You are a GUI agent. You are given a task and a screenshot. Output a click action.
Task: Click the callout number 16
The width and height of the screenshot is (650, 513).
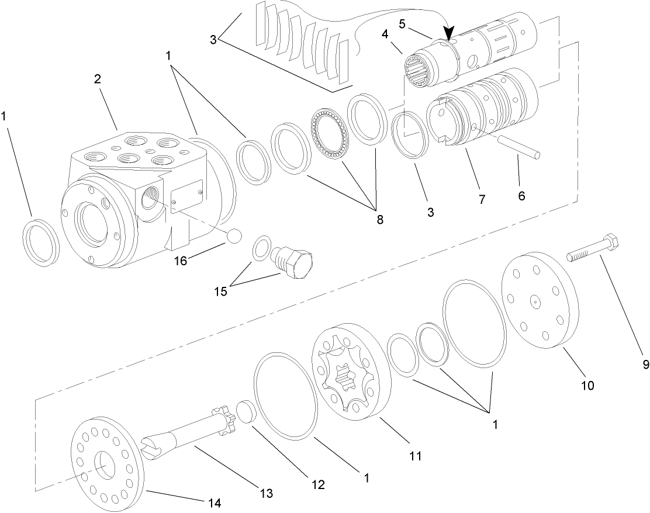[x=181, y=261]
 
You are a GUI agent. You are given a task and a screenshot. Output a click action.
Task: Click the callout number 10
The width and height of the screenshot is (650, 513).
[x=587, y=385]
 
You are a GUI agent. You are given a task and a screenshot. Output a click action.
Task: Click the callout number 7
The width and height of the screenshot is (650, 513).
[x=482, y=199]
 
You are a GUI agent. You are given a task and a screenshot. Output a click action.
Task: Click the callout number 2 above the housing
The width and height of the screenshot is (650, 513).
[x=98, y=79]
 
